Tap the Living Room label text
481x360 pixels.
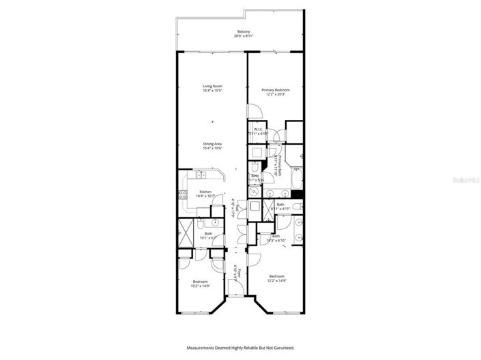click(213, 86)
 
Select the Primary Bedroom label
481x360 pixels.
click(276, 90)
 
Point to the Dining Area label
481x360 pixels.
click(213, 143)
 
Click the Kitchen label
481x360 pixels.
click(205, 192)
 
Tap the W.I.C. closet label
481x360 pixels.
click(259, 130)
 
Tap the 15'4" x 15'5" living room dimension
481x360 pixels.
click(213, 91)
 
